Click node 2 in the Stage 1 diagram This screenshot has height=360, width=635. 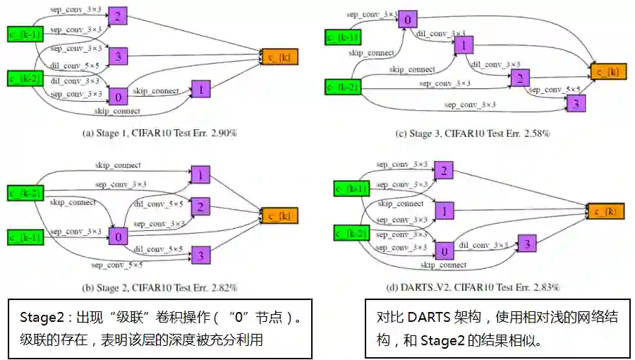click(119, 16)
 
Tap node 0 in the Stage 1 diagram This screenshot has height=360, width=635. click(119, 96)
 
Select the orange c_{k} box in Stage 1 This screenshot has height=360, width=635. click(279, 57)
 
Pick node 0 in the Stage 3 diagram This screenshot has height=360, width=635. click(406, 19)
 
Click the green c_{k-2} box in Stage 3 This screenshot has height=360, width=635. click(343, 88)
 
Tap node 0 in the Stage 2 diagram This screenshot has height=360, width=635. click(119, 236)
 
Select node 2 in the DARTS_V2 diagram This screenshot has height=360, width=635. click(443, 170)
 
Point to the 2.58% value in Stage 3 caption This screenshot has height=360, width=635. click(536, 133)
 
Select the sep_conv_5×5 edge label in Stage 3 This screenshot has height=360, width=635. click(555, 90)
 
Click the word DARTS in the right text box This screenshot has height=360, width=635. click(425, 318)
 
